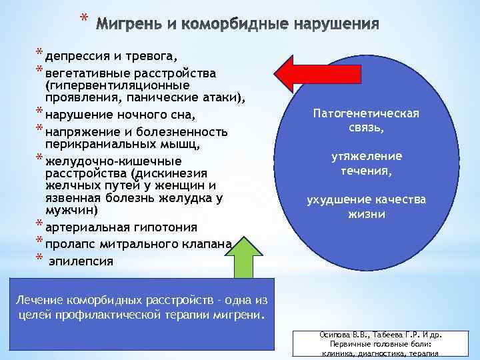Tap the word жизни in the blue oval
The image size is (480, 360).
click(x=367, y=215)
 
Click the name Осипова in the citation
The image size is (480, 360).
click(x=319, y=335)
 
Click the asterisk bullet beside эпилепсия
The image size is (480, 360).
click(x=40, y=259)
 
